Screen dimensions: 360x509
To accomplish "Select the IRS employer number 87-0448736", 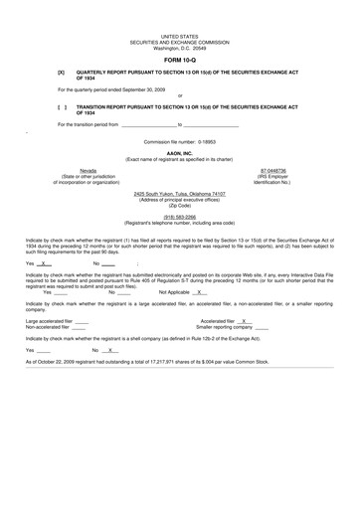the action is (272, 170).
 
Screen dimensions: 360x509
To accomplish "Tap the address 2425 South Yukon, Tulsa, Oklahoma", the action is (180, 194).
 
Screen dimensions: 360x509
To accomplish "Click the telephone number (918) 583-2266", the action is (180, 216).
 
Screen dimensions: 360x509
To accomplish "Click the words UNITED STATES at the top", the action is (179, 35).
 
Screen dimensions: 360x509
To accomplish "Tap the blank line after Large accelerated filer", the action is (82, 321).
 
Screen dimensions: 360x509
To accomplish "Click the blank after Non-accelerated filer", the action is (79, 327).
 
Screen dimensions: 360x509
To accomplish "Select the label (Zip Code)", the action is (180, 205).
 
